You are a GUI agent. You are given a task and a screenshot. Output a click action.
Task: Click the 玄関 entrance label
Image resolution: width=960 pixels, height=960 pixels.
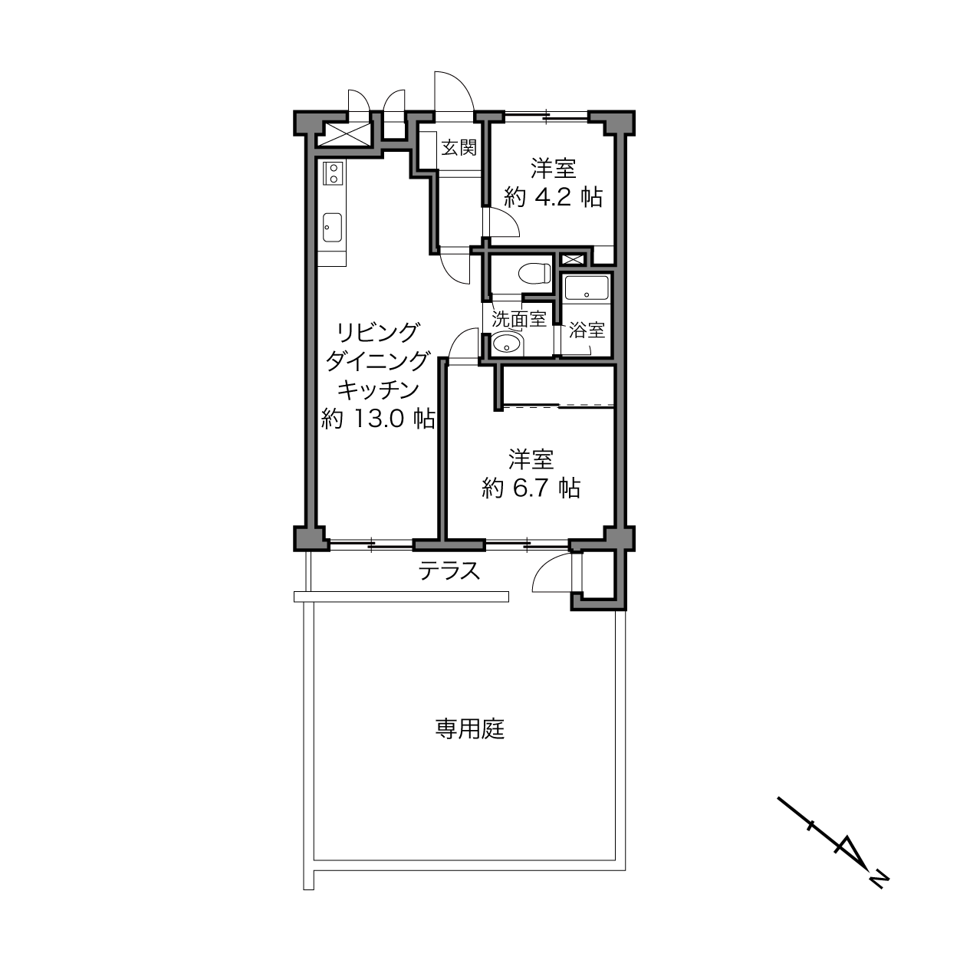(459, 147)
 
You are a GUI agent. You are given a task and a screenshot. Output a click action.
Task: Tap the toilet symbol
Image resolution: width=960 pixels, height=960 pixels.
(534, 274)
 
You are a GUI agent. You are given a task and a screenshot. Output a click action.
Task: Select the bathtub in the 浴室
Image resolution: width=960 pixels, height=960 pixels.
(587, 288)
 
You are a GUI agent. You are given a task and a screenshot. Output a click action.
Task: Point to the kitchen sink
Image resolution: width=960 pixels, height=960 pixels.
(332, 227)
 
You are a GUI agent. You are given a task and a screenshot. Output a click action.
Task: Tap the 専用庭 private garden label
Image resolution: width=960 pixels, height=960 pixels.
(470, 729)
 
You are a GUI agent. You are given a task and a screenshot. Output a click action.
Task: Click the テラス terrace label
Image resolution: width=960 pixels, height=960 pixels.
(449, 571)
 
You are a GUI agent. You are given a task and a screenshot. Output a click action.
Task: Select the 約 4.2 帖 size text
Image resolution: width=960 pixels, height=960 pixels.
(553, 198)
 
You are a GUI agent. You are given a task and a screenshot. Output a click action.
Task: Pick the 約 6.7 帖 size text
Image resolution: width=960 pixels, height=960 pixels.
(531, 488)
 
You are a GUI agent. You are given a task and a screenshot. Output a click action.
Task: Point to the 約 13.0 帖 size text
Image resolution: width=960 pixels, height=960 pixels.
(378, 419)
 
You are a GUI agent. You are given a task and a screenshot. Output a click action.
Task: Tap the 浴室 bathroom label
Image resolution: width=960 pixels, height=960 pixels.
(587, 330)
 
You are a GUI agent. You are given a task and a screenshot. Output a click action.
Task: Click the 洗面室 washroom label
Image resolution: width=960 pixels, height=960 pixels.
(519, 319)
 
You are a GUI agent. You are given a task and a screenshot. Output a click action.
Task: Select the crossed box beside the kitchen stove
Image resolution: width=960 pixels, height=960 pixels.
(344, 134)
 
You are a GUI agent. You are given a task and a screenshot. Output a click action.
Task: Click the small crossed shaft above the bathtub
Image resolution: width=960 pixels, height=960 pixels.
(573, 260)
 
